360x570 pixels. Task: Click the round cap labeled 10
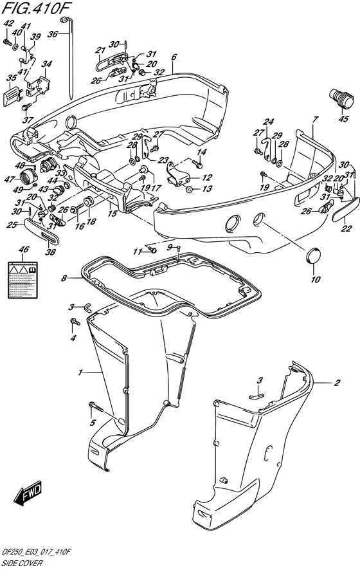click(x=314, y=255)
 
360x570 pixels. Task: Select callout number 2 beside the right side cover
click(x=336, y=383)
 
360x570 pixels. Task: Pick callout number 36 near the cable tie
click(x=54, y=34)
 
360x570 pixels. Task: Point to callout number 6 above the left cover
click(x=174, y=57)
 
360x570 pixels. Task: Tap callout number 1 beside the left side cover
click(x=81, y=372)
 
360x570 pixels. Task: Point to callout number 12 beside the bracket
click(x=206, y=178)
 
